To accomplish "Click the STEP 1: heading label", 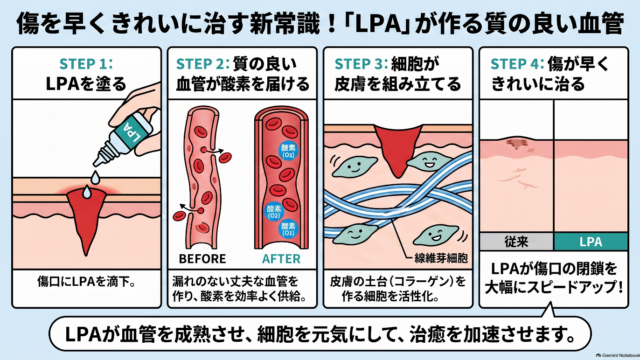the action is [x=86, y=64].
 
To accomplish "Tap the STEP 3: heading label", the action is [x=360, y=64].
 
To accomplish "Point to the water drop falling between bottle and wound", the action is [x=95, y=177].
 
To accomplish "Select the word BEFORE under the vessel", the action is [x=202, y=259].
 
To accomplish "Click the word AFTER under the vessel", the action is [x=281, y=259].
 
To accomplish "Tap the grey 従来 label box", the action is [x=516, y=242].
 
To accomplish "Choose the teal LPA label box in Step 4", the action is [x=591, y=242].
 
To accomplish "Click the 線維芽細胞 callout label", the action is [x=441, y=258].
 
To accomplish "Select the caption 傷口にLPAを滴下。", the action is [x=87, y=282].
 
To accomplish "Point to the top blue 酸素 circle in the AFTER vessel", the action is [x=288, y=151].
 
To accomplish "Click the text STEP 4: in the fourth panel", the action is [x=517, y=64].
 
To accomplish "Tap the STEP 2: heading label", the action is [x=202, y=64].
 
